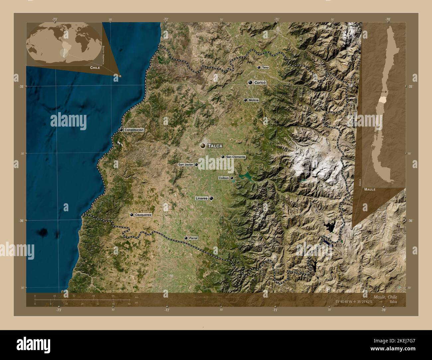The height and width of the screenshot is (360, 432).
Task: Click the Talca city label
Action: coord(215,146)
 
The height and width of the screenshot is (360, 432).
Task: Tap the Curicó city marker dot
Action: coord(250,82)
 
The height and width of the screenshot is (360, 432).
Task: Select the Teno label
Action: coord(265,67)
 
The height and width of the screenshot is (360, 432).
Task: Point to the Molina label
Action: coord(253,100)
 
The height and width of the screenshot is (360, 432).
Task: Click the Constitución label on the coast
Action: coord(134,130)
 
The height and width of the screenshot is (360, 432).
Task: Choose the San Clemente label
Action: coord(236,157)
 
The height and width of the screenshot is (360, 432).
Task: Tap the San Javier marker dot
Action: coord(196,164)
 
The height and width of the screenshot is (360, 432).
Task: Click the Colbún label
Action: coord(224,178)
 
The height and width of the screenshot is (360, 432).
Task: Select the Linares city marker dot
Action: coord(211,198)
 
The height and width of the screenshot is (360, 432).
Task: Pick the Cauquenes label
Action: coord(143,215)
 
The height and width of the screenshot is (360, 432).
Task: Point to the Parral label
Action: coord(193,238)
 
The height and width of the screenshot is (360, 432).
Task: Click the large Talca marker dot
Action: coord(202,145)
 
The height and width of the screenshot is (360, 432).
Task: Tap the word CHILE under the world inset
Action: coord(95,67)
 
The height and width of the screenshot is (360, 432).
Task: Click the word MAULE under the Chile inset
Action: coord(370,189)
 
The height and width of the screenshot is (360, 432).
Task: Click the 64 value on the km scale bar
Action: coord(113,296)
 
